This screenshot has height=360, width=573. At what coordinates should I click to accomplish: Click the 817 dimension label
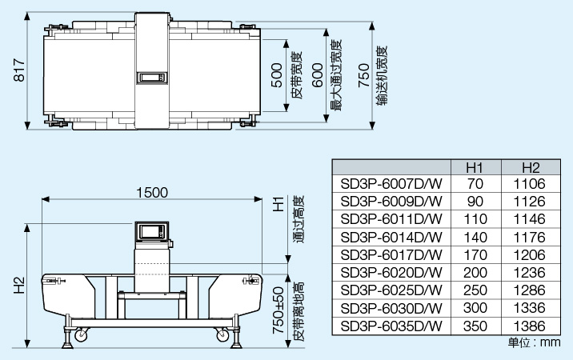coord(19,70)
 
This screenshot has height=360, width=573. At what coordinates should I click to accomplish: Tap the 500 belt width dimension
coord(277,75)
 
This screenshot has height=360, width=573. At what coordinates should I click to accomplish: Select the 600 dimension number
coord(318,75)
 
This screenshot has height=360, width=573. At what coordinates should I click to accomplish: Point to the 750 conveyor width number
coord(363,75)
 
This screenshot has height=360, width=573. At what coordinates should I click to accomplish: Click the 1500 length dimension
coord(152,193)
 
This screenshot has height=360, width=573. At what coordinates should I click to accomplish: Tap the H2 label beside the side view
coord(19,285)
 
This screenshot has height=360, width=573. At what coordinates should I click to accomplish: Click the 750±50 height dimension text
coord(278,310)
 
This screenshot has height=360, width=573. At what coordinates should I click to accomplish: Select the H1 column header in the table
coord(475,168)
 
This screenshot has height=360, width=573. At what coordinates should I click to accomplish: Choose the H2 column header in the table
coord(531,168)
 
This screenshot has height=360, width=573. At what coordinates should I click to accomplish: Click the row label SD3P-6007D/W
coord(391,183)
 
